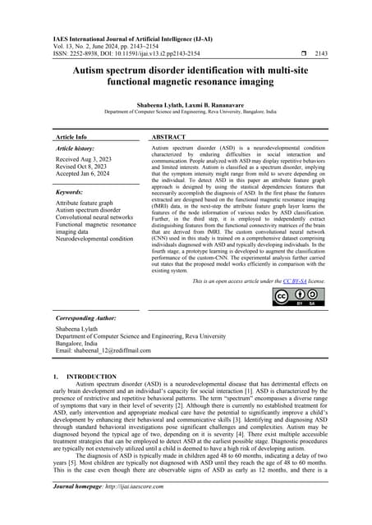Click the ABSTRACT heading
coord(168,138)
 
